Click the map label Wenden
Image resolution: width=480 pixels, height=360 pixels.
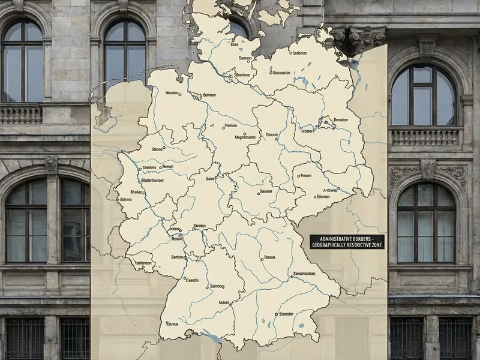click(173, 94)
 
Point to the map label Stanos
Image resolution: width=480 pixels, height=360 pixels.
click(157, 149)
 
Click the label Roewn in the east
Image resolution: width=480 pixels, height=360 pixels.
click(306, 176)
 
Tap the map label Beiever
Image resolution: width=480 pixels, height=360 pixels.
click(266, 192)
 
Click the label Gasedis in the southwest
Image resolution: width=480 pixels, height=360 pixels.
click(193, 280)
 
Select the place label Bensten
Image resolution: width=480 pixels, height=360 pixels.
click(340, 119)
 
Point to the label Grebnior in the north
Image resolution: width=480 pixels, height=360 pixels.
click(298, 53)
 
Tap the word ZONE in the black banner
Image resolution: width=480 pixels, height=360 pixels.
click(373, 245)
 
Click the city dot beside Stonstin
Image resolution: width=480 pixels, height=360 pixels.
click(275, 314)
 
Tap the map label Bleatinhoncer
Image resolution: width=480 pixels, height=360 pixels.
click(157, 179)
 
